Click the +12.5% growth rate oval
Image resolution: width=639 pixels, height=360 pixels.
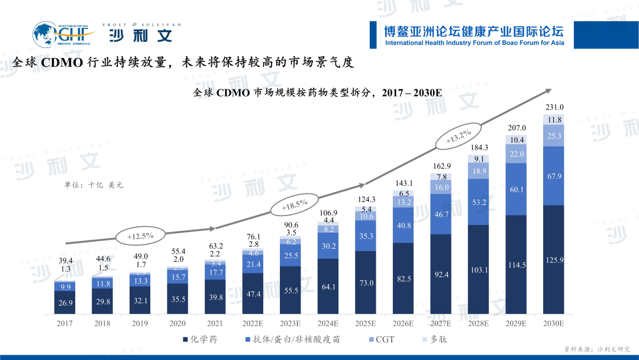coord(140,236)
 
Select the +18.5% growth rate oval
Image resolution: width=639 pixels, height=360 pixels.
coord(294,205)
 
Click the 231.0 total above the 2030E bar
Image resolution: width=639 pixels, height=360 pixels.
coord(554,107)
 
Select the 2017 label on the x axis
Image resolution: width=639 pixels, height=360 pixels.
coord(65,323)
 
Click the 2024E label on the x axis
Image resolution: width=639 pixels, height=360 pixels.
coord(328,323)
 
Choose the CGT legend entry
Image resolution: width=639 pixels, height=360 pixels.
coord(379,339)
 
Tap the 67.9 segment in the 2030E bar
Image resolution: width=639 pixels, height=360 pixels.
coord(554,176)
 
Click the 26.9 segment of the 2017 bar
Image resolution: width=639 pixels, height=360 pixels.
coord(65,303)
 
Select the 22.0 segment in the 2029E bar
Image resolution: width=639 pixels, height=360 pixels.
coord(516,154)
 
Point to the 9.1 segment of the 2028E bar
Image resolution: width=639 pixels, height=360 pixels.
coord(478,159)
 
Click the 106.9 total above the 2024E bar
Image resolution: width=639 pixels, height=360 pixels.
coord(328,213)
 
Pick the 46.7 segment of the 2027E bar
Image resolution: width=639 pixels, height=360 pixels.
coord(441,214)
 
